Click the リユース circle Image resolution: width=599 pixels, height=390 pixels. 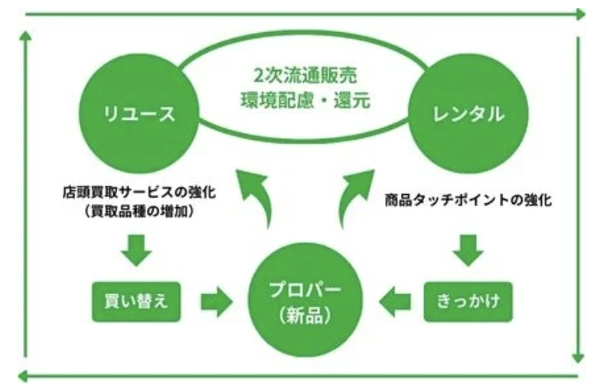(139, 114)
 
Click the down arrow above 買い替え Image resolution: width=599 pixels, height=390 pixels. (136, 249)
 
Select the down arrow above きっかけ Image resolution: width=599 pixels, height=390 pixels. (468, 249)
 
